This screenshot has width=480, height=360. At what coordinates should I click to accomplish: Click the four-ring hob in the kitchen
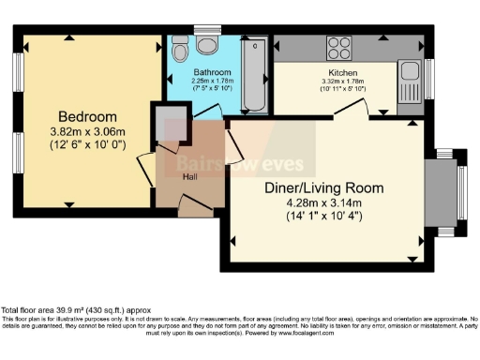tap(338, 46)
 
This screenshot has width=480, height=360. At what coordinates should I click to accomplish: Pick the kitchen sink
tap(409, 76)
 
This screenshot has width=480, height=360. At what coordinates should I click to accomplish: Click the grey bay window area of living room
tap(441, 192)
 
